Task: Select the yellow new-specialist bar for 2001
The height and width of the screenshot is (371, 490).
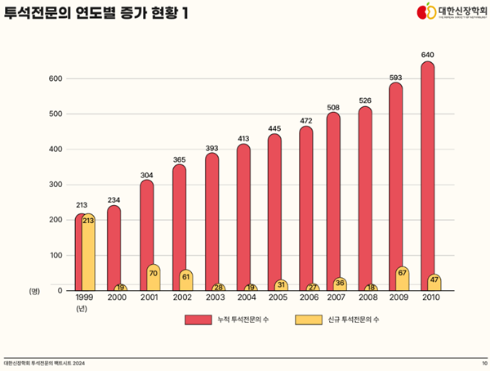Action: pyautogui.click(x=153, y=277)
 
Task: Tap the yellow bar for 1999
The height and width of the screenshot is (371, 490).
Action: pyautogui.click(x=88, y=252)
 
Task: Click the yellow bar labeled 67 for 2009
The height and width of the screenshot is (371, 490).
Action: pyautogui.click(x=402, y=278)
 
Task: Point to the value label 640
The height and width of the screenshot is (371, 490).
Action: pyautogui.click(x=427, y=55)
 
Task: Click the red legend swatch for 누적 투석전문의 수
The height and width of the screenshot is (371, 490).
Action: pyautogui.click(x=197, y=320)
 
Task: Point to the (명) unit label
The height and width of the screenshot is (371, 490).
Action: pyautogui.click(x=34, y=291)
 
